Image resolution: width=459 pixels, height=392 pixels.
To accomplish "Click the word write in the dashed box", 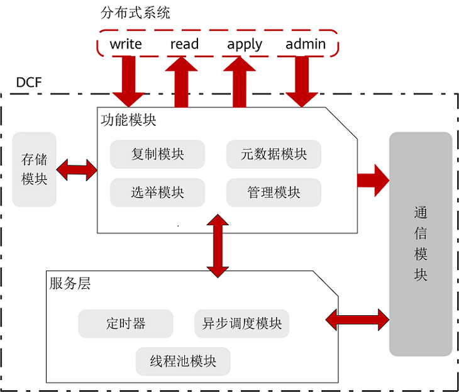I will click(126, 44).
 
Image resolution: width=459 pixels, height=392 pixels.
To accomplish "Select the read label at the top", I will click(184, 44).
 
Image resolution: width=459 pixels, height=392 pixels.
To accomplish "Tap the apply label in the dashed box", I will click(245, 45).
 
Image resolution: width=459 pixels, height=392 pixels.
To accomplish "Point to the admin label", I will click(306, 44).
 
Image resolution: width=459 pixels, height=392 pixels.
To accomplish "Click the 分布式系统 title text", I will click(135, 13).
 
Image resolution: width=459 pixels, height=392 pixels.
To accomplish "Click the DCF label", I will click(28, 82).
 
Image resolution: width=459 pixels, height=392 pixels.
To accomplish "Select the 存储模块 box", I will click(35, 169).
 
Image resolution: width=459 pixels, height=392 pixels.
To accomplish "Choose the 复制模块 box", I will click(157, 154).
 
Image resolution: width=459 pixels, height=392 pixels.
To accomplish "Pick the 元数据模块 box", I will click(274, 154).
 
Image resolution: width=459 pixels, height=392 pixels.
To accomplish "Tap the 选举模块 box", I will click(157, 193).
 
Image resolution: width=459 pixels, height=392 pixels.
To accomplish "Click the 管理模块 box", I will click(274, 193).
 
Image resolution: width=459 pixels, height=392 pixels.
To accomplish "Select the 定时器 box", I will click(126, 323).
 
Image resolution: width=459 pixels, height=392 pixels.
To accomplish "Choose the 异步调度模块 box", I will click(241, 323).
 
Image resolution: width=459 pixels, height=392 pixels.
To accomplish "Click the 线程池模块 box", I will click(183, 361).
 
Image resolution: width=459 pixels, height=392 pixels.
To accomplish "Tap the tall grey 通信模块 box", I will click(421, 244).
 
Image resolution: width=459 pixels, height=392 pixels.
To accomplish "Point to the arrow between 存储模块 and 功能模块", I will click(77, 169).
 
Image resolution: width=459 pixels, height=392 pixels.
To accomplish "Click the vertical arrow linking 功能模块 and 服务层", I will click(218, 245).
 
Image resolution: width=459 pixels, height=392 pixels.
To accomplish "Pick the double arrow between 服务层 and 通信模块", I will click(357, 319).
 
